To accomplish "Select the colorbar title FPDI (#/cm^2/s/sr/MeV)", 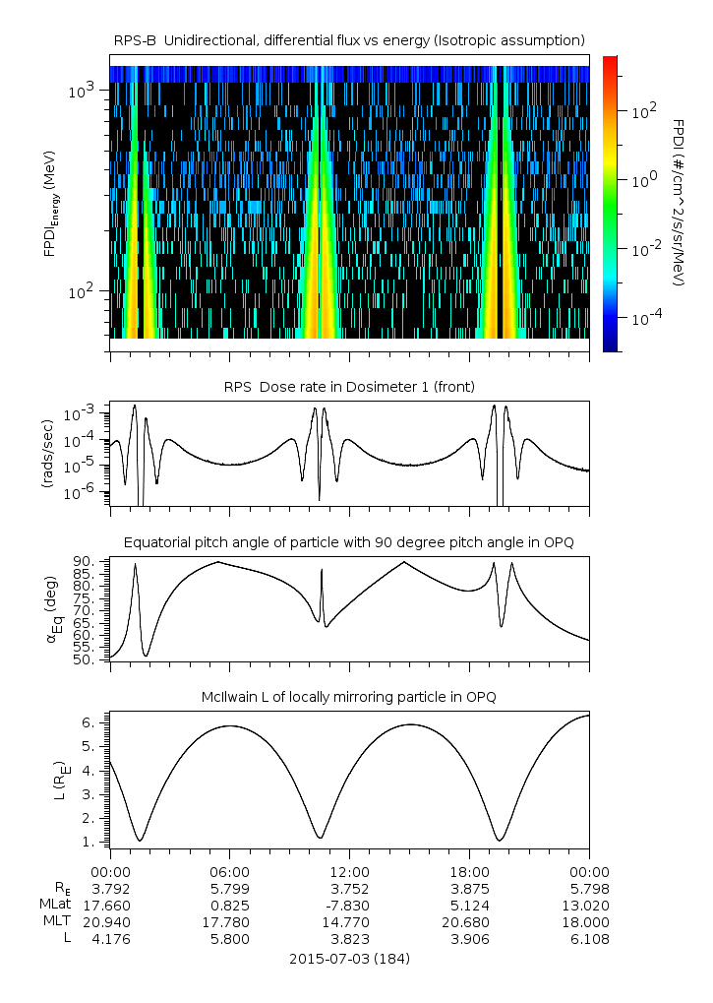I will [x=679, y=203].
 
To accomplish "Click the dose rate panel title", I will [x=349, y=386].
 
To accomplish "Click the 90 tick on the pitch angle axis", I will [x=83, y=562].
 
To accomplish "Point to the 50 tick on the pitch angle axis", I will [x=83, y=659].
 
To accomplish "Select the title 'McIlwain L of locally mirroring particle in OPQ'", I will [x=349, y=697].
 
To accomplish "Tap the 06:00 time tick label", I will [x=229, y=872].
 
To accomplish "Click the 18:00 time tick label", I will [x=469, y=872].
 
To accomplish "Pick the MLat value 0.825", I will [x=229, y=905].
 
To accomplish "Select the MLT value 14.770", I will [x=349, y=922].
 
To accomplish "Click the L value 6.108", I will [x=589, y=939].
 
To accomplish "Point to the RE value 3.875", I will [x=469, y=888].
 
